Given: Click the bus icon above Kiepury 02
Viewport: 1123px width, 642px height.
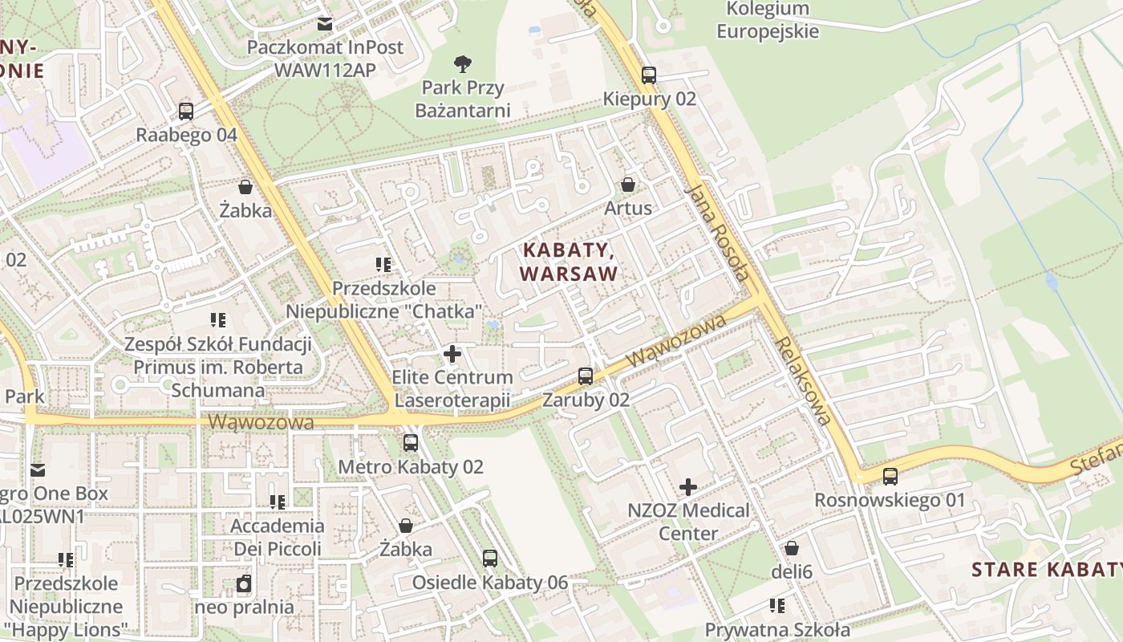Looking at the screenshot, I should (648, 75).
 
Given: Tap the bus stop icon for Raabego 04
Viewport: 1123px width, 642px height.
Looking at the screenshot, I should (186, 111).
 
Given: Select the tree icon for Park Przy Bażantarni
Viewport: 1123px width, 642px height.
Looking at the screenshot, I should (462, 63).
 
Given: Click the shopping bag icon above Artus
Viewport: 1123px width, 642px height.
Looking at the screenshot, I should (628, 185).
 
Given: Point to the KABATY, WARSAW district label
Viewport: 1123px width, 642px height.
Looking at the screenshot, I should (569, 262).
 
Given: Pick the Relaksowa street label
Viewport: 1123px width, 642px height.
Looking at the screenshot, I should (803, 380).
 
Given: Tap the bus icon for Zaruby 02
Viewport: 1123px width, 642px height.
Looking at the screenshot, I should (586, 376).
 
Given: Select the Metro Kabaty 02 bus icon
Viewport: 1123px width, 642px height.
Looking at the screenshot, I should (411, 442).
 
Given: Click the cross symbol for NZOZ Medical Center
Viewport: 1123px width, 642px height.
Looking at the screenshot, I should (688, 486).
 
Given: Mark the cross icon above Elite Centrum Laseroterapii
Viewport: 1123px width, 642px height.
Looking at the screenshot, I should (452, 353).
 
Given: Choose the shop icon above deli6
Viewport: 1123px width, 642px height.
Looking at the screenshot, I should (792, 548).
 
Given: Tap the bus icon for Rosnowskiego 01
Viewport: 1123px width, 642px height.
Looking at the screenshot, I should (890, 476).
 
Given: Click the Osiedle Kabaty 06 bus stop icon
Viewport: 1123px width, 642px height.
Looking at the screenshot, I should (489, 558).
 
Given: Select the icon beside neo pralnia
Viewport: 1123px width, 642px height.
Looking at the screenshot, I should (244, 583).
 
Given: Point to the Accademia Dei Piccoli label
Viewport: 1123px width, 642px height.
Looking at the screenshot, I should (278, 538).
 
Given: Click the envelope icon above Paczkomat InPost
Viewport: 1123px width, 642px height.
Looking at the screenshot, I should (325, 24).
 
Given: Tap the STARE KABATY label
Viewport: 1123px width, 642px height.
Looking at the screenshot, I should (1046, 570).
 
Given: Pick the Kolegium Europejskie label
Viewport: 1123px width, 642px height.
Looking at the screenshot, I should (768, 21).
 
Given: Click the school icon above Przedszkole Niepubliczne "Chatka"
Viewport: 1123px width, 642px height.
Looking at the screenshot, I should (383, 264).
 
